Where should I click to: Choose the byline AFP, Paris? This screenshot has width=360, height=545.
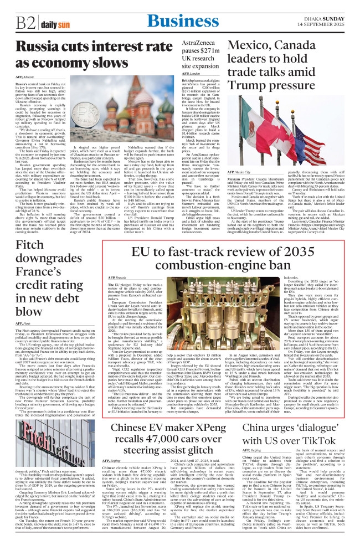pos(24,322)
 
